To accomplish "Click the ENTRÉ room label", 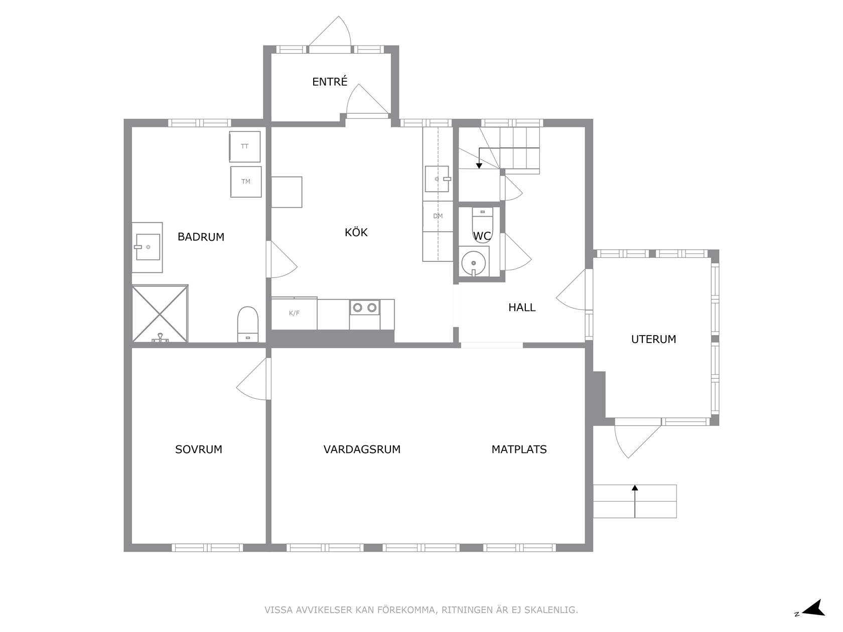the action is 330,81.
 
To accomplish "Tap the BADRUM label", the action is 201,237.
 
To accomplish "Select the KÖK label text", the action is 356,232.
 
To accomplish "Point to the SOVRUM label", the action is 199,449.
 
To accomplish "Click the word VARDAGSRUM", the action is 362,449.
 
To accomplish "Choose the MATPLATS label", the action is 519,449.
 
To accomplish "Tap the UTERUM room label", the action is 653,339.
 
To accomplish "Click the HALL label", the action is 521,307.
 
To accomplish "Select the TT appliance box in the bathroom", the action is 245,146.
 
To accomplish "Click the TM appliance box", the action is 246,182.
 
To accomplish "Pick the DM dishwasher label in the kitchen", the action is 438,216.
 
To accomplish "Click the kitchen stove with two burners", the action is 364,307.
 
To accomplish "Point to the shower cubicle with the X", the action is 160,313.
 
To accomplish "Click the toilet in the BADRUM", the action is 248,324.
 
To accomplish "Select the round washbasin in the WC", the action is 474,263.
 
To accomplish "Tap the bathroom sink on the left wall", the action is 148,247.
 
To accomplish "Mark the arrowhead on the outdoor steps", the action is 635,488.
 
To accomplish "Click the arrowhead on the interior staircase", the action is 479,166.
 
